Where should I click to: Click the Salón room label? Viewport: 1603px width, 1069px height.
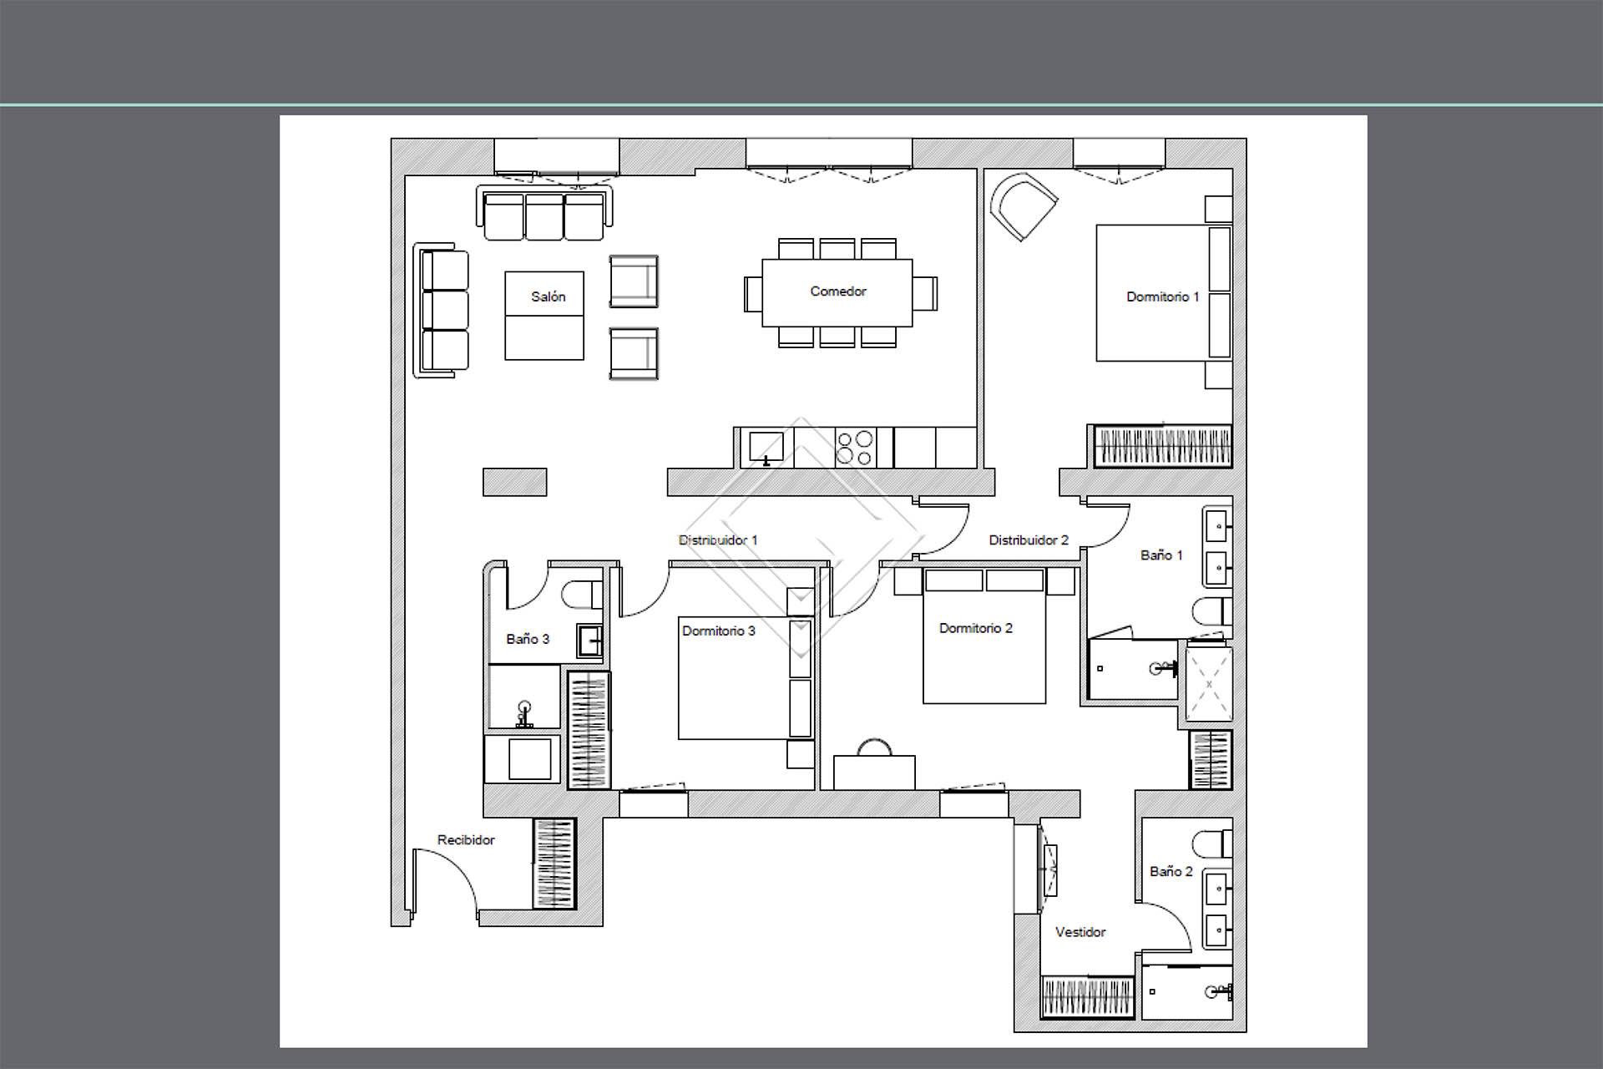point(548,296)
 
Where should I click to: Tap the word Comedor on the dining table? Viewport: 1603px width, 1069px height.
point(837,291)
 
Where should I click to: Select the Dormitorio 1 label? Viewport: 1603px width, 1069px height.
point(1162,296)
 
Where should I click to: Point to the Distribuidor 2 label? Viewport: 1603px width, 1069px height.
point(1029,540)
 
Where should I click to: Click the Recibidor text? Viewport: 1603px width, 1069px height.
point(466,840)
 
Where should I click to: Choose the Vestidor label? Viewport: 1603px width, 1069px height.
point(1080,932)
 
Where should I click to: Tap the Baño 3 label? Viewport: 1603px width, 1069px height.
point(528,639)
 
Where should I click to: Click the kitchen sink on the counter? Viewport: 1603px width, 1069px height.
point(766,448)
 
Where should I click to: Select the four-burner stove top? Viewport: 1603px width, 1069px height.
point(855,448)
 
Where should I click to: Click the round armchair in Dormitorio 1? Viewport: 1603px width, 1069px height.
point(1024,206)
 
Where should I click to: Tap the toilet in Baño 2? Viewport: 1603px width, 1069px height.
point(1212,844)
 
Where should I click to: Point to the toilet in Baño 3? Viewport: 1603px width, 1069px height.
point(581,595)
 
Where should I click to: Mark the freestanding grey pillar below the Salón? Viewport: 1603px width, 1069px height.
point(515,482)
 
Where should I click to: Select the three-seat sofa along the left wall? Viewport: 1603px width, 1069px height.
point(441,312)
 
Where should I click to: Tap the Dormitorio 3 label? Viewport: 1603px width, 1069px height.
point(718,631)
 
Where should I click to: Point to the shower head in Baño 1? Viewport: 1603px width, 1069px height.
point(1158,668)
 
